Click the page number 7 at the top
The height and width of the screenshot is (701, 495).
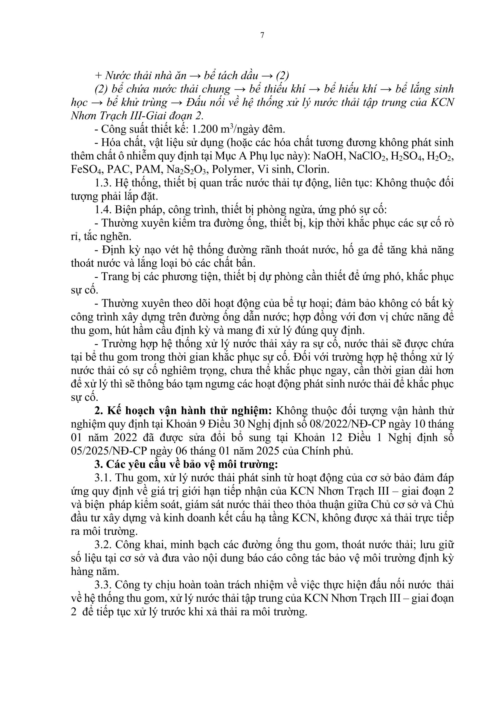pos(262,35)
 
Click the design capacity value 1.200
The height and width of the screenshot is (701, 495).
pos(204,130)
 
